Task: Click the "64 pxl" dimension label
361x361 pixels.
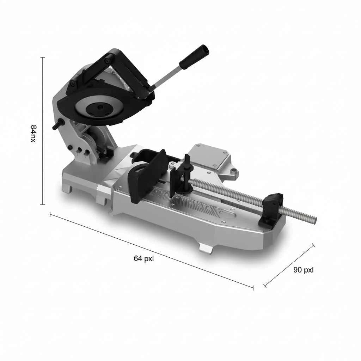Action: [144, 258]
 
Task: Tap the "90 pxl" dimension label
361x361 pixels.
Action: [303, 270]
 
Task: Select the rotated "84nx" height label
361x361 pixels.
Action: [33, 134]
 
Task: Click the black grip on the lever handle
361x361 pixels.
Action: [194, 56]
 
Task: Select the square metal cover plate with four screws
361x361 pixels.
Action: [209, 157]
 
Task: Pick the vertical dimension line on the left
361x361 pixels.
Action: [43, 131]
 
